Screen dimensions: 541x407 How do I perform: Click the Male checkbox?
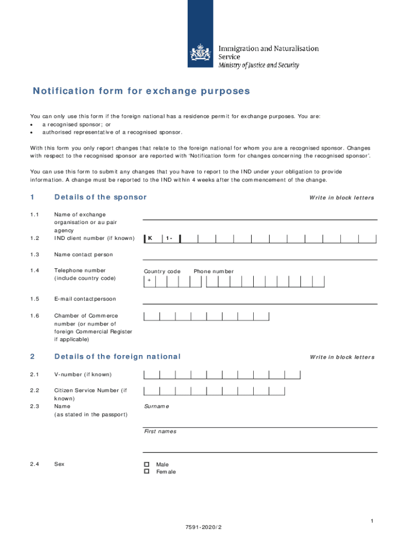(x=147, y=464)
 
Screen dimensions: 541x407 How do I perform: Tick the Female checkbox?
(x=147, y=471)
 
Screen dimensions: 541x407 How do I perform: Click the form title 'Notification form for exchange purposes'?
(x=141, y=91)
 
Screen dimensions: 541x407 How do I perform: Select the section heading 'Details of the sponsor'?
(x=100, y=197)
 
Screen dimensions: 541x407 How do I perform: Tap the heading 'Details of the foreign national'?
(x=117, y=357)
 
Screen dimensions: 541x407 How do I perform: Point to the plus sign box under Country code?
(x=150, y=281)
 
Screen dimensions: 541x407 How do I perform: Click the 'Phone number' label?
(x=214, y=272)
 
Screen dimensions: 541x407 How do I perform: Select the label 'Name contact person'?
(x=84, y=255)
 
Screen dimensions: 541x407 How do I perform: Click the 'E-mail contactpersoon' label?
(x=85, y=299)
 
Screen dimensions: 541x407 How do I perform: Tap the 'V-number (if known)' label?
(x=83, y=375)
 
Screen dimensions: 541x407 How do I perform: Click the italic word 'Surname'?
(x=156, y=406)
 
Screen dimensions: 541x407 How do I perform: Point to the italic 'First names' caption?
(x=160, y=432)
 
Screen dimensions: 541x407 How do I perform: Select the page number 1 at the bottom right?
(x=372, y=521)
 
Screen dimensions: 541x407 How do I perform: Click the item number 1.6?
(x=35, y=316)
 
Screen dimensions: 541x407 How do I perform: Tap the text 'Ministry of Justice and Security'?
(x=259, y=66)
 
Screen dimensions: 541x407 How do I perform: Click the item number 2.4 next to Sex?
(x=35, y=464)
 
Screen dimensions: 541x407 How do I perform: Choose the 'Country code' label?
(x=162, y=272)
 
